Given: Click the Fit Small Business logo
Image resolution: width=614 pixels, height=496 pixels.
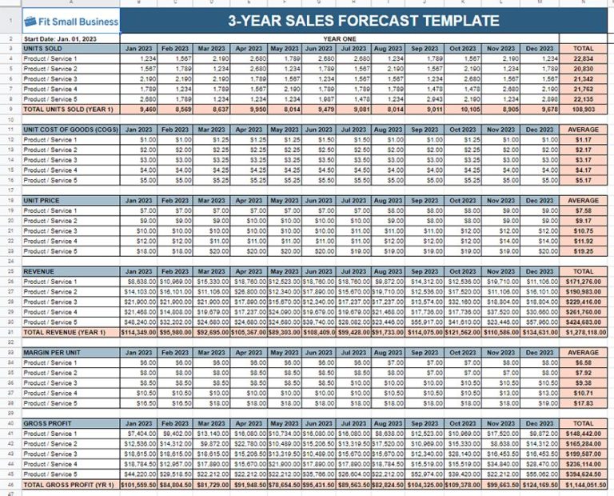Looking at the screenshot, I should [70, 22].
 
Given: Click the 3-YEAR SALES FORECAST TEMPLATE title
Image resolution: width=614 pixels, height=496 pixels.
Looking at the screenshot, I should [364, 22].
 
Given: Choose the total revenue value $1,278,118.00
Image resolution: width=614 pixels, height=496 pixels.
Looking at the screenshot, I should [584, 332].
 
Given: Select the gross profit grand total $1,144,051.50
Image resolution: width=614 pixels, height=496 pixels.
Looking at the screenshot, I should [584, 484].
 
